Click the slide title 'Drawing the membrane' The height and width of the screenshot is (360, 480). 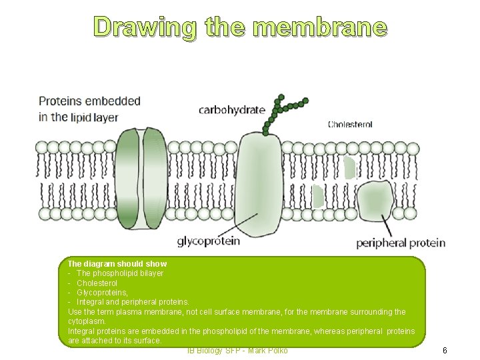[x=240, y=27]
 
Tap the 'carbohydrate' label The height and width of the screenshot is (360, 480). [x=231, y=110]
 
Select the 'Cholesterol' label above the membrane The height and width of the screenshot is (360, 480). [x=350, y=125]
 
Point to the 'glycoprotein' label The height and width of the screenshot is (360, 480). [x=209, y=241]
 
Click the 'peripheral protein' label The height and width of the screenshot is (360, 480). [x=401, y=243]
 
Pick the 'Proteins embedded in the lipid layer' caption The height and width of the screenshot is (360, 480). [x=89, y=109]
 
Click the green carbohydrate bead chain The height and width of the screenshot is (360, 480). [x=283, y=111]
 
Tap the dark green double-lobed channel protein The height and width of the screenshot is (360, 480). [x=141, y=178]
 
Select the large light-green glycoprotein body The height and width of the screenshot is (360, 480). [x=259, y=183]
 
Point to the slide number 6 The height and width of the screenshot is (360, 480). [x=445, y=351]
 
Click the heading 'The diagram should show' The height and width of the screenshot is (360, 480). [x=117, y=264]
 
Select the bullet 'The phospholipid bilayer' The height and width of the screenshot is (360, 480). [x=120, y=273]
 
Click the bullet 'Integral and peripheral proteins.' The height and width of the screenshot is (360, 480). [x=133, y=302]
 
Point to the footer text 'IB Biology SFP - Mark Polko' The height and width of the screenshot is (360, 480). [x=237, y=351]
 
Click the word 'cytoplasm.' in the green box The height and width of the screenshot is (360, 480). [x=87, y=321]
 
